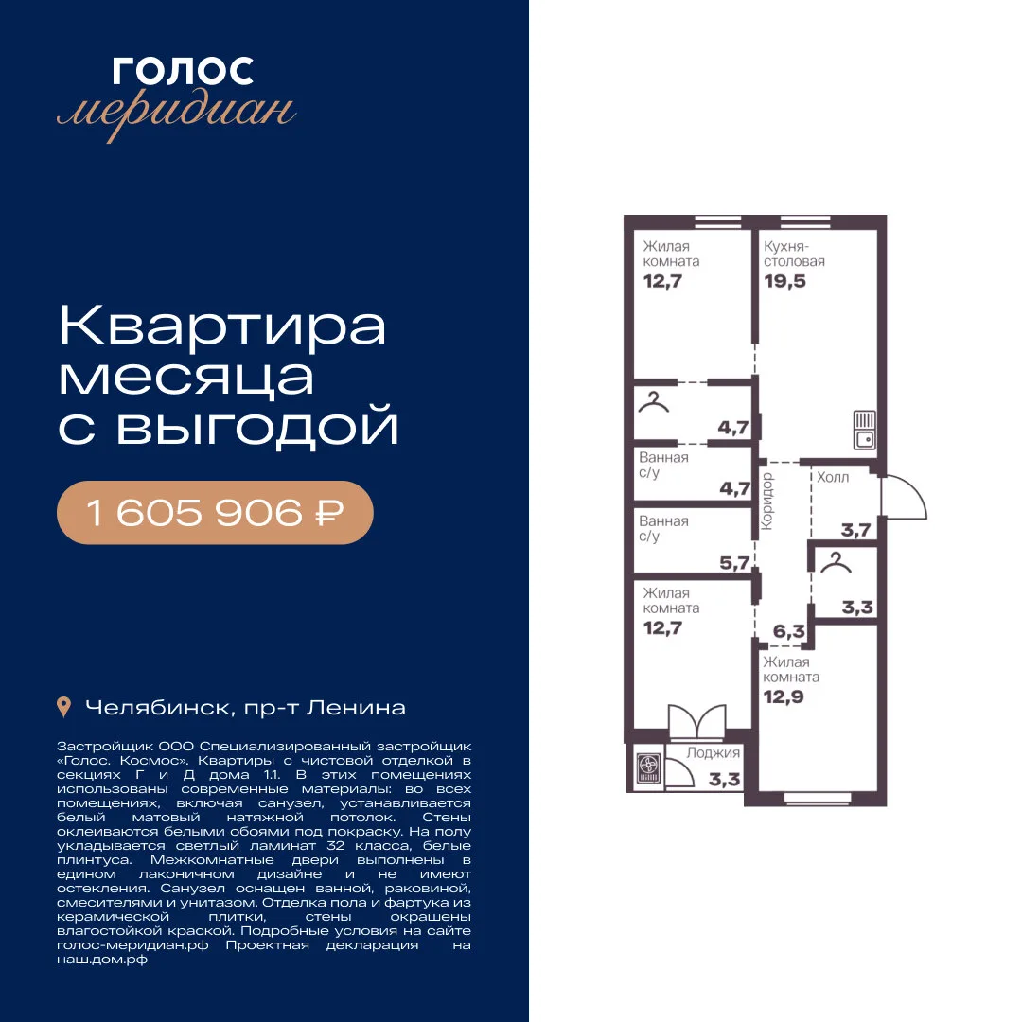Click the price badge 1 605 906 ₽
coord(215,512)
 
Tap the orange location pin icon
coord(64,707)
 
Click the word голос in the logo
coord(183,71)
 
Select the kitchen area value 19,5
coord(784,282)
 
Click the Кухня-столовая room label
coord(794,254)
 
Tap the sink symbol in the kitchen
coord(865,431)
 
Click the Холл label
coord(833,477)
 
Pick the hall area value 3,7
coord(855,530)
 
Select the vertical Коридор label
coord(766,502)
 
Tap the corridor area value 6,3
coord(788,631)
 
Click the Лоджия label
coord(714,753)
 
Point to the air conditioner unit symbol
coord(648,767)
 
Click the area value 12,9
coord(784,696)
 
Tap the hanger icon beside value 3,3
coord(836,562)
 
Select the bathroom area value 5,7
coord(734,562)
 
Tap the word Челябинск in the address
coord(157,708)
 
